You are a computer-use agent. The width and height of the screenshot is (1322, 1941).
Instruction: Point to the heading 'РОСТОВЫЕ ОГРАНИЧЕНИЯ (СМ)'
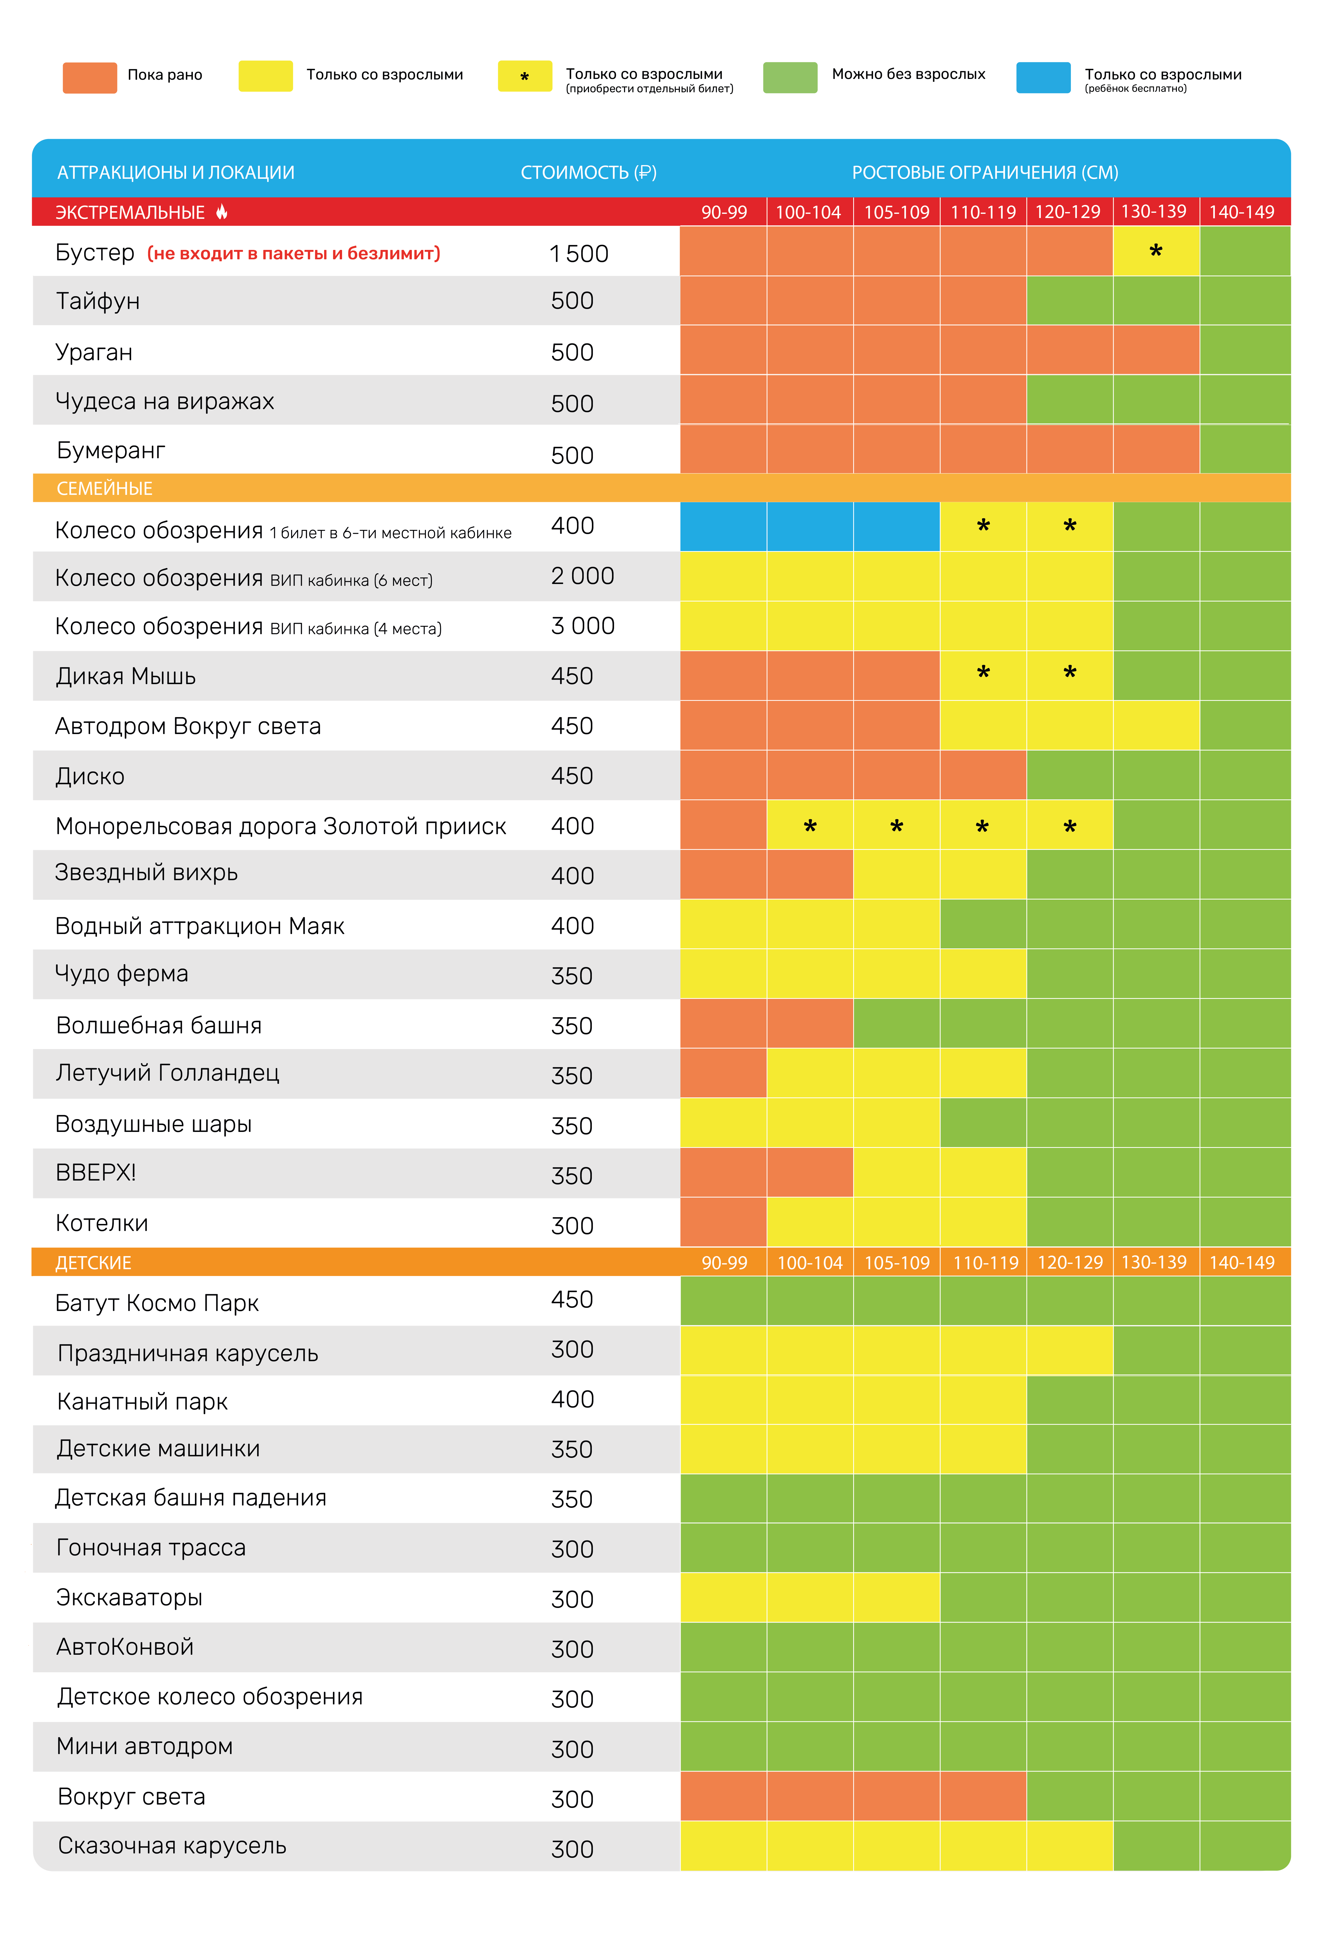pyautogui.click(x=985, y=172)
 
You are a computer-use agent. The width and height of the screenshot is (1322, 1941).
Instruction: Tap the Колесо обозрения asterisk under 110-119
pyautogui.click(x=983, y=525)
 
